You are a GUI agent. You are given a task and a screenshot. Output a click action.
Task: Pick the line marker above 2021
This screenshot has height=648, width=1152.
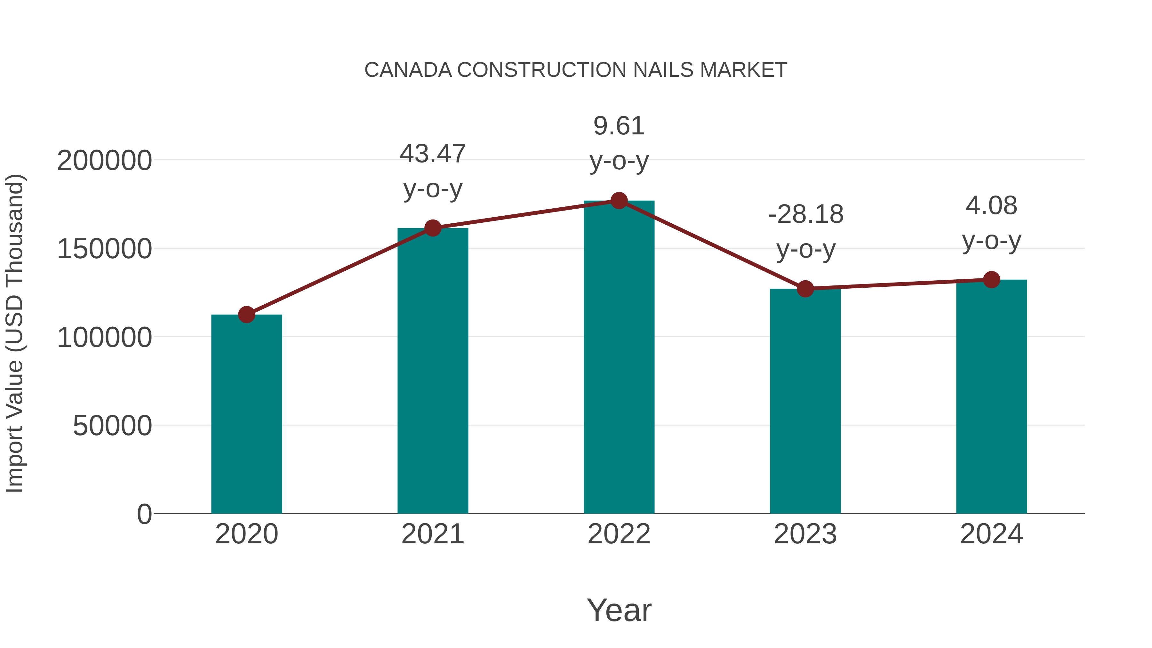[432, 228]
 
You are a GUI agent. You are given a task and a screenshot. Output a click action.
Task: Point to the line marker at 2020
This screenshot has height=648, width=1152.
[246, 315]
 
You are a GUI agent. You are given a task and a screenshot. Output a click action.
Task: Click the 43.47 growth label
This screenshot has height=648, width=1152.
[432, 154]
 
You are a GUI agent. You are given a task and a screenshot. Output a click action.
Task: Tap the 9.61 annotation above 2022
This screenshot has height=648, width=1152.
[619, 126]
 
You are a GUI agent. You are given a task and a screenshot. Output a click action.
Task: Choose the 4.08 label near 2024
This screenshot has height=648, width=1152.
[991, 206]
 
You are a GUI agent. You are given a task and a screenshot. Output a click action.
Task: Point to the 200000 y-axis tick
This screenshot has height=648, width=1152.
[104, 161]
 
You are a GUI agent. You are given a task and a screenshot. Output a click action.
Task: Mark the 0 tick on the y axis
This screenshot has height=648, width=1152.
[144, 514]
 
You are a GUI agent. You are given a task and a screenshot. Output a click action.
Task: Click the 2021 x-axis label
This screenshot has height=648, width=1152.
[432, 534]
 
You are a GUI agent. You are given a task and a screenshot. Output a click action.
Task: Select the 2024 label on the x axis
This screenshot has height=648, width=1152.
[991, 534]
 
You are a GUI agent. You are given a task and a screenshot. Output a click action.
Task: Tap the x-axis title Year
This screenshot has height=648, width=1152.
[619, 610]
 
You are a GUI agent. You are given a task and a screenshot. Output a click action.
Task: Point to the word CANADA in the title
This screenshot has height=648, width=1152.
[408, 70]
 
